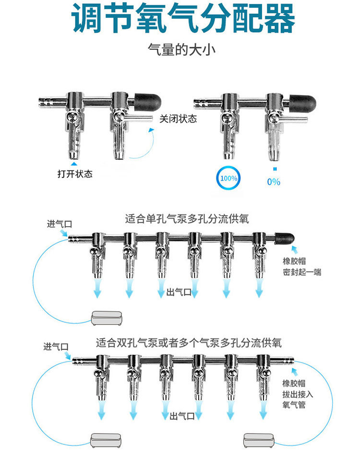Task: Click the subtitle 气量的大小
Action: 180,50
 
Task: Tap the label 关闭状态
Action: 178,119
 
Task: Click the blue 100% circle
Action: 228,178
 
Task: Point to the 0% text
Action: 274,182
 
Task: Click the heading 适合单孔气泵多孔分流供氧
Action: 187,219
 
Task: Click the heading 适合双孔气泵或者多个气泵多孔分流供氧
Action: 189,343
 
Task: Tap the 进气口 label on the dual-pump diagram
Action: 56,346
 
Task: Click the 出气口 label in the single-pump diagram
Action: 179,292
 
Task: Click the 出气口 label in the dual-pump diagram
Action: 182,415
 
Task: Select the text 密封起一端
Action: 302,272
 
